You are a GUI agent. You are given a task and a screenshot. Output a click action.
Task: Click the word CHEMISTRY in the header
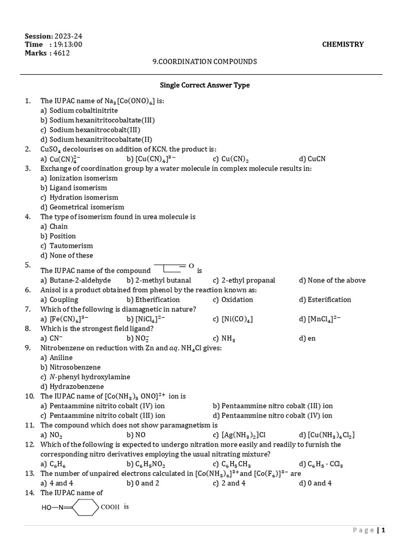343,44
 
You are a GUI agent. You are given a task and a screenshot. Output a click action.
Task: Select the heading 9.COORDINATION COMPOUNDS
204,61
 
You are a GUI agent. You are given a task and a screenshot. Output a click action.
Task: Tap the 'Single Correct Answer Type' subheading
205,85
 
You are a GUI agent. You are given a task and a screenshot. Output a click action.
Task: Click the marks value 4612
61,53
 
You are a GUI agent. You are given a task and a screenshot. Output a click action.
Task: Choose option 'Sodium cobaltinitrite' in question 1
83,110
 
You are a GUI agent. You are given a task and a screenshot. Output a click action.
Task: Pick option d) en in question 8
312,338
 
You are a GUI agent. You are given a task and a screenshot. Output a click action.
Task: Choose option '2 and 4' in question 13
233,483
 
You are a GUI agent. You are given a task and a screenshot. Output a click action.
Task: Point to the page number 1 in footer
383,530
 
